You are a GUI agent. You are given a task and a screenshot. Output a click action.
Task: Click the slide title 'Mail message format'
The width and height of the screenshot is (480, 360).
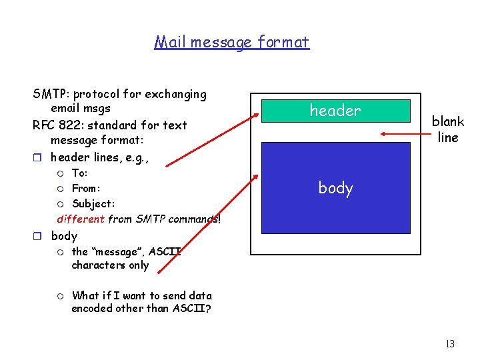231,43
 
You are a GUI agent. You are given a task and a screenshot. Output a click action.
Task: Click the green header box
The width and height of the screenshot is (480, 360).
335,111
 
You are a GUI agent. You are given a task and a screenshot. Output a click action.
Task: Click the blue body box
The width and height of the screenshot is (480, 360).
335,187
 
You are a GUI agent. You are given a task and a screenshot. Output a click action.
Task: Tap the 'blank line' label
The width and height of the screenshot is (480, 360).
447,129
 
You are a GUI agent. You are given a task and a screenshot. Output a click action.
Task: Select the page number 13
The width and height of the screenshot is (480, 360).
449,344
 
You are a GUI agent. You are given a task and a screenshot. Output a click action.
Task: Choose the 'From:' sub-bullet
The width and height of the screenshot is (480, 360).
85,189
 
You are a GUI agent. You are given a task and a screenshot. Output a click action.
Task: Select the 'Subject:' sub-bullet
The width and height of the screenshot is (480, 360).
93,204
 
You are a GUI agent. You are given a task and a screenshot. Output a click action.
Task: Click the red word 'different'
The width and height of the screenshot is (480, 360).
81,219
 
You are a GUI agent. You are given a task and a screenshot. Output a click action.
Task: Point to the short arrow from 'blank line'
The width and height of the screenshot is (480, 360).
403,133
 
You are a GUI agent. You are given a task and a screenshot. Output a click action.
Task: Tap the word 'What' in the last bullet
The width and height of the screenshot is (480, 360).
85,295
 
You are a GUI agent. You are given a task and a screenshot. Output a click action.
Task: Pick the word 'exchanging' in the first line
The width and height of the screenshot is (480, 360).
174,95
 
